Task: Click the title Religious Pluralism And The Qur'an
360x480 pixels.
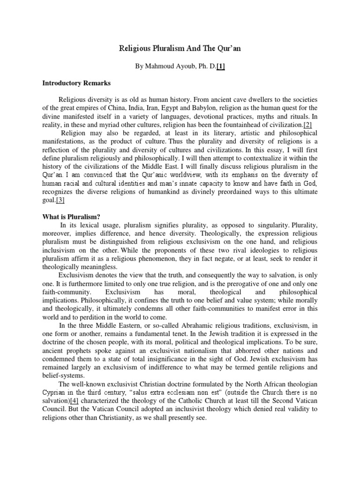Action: (180, 48)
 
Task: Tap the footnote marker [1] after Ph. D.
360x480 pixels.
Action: (220, 67)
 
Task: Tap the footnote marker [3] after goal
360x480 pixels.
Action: (60, 200)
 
